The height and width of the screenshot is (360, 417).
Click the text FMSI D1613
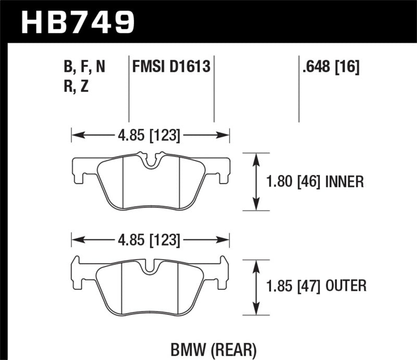pos(171,67)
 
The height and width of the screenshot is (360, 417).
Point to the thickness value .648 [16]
pos(329,67)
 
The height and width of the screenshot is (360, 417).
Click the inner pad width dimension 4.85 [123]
pos(150,136)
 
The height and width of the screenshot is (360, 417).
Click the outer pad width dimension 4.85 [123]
pos(150,241)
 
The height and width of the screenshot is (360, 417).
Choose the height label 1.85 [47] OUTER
pos(316,286)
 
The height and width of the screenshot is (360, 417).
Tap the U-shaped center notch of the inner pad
pos(151,162)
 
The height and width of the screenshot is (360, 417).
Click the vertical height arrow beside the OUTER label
pos(256,286)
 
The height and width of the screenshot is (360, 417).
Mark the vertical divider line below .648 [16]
pos(299,99)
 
